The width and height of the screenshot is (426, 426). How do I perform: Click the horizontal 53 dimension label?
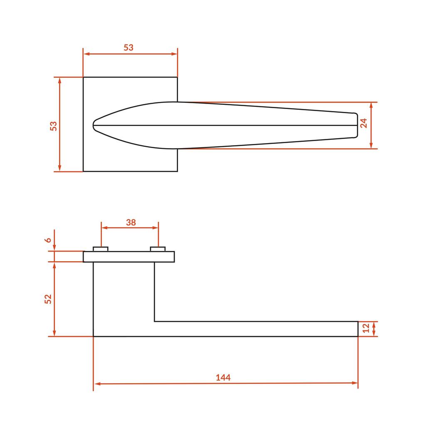coord(129,47)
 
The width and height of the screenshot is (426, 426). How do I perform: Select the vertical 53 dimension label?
coord(54,126)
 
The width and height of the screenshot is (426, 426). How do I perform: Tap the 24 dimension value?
coord(364,123)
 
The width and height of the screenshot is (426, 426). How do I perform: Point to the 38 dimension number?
coord(131,223)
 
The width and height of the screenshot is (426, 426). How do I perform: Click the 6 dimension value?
coord(48,240)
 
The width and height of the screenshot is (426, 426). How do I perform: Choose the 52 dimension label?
coord(48,299)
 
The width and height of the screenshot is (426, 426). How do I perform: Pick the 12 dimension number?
coord(366,328)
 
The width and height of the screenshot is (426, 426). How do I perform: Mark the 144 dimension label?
coord(223,377)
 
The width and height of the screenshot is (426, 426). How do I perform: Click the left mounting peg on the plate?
coord(101,249)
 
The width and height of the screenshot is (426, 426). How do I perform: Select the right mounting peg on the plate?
coord(158,249)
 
